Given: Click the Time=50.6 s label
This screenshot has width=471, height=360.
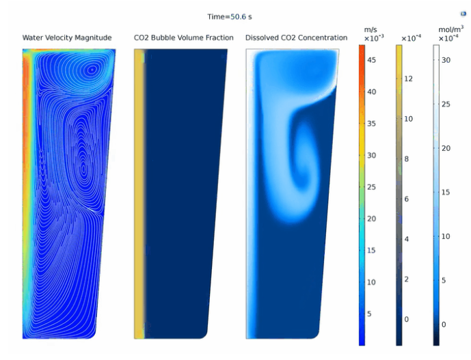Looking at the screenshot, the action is tap(230, 17).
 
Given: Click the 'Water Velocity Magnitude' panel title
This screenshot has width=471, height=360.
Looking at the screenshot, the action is tap(67, 38).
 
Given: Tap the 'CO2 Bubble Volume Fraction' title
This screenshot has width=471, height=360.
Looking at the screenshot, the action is tap(183, 38).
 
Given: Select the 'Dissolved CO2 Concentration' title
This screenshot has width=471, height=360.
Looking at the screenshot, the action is tap(296, 38).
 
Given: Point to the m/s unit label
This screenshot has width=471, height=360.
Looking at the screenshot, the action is tap(371, 30).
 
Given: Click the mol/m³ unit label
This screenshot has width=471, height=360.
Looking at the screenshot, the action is tap(451, 29).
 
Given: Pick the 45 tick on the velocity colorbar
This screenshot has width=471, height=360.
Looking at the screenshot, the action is tap(371, 60).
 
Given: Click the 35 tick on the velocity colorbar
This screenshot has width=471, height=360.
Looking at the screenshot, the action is tap(371, 124).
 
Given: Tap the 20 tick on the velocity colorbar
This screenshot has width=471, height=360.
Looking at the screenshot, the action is tap(371, 219).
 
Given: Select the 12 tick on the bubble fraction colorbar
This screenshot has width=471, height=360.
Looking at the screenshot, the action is tap(409, 79).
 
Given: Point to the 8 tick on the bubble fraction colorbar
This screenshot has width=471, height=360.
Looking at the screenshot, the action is tap(407, 159).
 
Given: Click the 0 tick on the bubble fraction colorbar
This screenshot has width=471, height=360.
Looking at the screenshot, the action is tap(407, 319).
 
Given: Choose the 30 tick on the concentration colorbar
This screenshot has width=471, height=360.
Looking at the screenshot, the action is tap(446, 60).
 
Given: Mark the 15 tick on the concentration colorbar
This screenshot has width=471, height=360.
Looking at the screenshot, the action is tap(446, 192).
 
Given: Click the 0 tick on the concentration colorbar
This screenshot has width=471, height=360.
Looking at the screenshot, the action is tap(444, 324).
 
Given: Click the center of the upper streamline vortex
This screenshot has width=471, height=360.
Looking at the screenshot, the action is tap(92, 70).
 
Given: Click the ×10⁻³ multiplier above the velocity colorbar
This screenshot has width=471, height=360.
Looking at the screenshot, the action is tap(374, 38).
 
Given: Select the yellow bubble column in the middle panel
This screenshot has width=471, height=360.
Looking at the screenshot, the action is tap(139, 193).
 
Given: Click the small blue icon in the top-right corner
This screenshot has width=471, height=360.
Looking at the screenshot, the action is tap(463, 14).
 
